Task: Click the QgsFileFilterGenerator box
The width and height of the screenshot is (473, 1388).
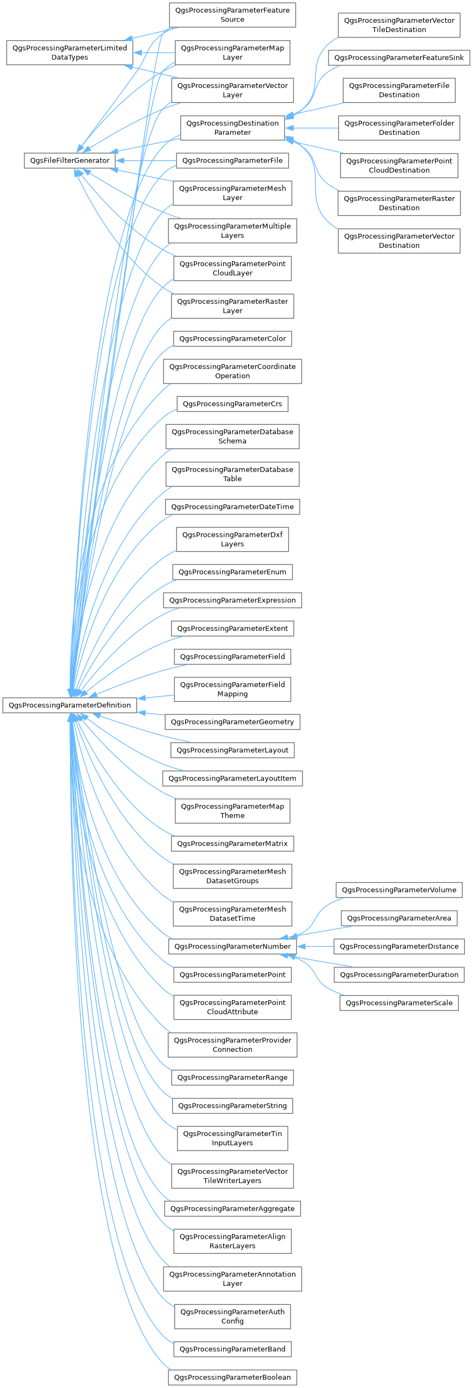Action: pyautogui.click(x=70, y=160)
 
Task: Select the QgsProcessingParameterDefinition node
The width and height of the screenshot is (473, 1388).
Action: pyautogui.click(x=70, y=705)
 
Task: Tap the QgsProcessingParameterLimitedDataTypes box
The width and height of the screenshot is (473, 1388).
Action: pyautogui.click(x=70, y=52)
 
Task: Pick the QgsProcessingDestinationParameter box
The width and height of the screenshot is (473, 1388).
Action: pyautogui.click(x=232, y=128)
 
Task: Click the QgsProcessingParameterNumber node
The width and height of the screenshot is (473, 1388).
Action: pyautogui.click(x=232, y=946)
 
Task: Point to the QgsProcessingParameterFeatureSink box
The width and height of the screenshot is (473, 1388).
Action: pyautogui.click(x=399, y=58)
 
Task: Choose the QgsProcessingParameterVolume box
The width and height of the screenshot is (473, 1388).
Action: pyautogui.click(x=399, y=890)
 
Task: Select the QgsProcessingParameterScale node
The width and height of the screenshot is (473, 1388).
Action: pyautogui.click(x=399, y=1003)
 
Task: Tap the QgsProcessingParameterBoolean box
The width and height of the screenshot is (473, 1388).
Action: pyautogui.click(x=232, y=1377)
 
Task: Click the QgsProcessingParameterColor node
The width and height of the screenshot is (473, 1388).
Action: pyautogui.click(x=232, y=338)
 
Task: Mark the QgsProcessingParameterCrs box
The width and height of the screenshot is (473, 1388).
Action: pyautogui.click(x=232, y=404)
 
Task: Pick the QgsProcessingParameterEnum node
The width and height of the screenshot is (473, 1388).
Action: pyautogui.click(x=232, y=572)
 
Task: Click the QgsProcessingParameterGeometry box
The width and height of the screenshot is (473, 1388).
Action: pyautogui.click(x=232, y=722)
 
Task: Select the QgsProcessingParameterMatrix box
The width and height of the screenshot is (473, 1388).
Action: pyautogui.click(x=232, y=844)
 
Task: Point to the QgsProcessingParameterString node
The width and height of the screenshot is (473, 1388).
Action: pyautogui.click(x=232, y=1106)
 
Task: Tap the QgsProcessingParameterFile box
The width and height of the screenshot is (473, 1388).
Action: pyautogui.click(x=232, y=161)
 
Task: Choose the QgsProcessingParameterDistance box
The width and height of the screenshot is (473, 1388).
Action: pyautogui.click(x=399, y=946)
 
